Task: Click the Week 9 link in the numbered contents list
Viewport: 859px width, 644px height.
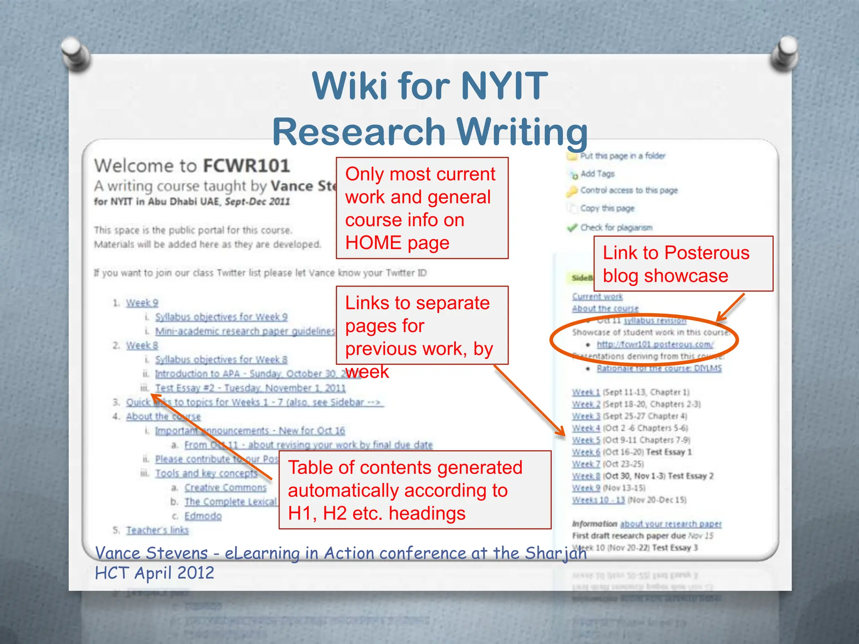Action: coord(142,303)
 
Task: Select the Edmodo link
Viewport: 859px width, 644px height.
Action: coord(203,516)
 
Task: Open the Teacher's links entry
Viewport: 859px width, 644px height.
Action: coord(158,530)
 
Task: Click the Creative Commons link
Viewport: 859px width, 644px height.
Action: coord(226,488)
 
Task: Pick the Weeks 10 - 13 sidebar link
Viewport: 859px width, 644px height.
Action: coord(599,500)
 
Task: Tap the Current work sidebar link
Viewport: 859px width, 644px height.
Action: coord(597,296)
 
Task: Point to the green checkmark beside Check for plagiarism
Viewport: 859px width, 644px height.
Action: coord(572,228)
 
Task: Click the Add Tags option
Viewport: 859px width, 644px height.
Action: coord(597,174)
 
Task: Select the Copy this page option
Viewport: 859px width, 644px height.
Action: coord(607,208)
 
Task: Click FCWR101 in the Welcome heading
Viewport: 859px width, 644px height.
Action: coord(247,166)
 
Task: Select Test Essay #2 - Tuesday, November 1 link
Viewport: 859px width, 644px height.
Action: coord(250,388)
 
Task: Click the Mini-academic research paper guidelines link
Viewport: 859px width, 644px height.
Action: coord(245,331)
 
